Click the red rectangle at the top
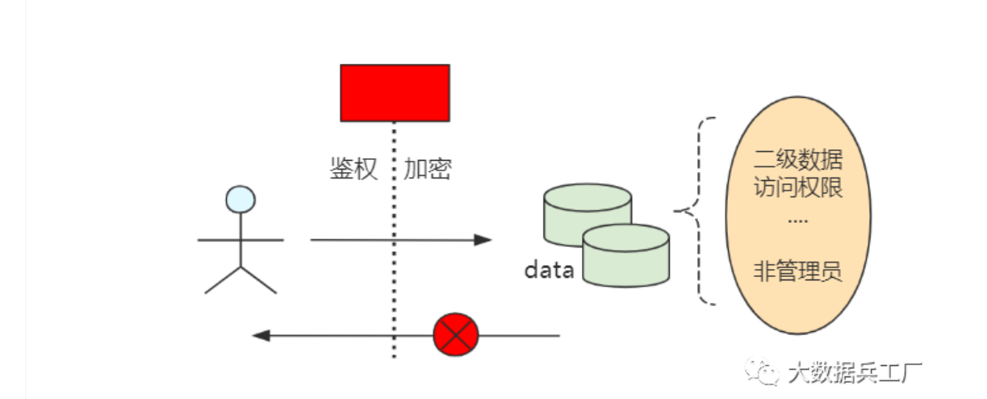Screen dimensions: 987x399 tap(395, 93)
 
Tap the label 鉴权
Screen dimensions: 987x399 tap(353, 169)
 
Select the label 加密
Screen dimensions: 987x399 tap(428, 169)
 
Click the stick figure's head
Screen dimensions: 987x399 tap(240, 199)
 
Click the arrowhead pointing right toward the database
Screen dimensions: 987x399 tap(483, 240)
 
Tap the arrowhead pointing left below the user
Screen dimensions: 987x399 tap(261, 334)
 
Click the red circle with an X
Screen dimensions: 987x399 tap(456, 334)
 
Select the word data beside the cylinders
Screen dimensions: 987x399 tap(549, 270)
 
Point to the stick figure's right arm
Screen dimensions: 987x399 tap(262, 240)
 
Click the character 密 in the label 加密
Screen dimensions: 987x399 tap(440, 169)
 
